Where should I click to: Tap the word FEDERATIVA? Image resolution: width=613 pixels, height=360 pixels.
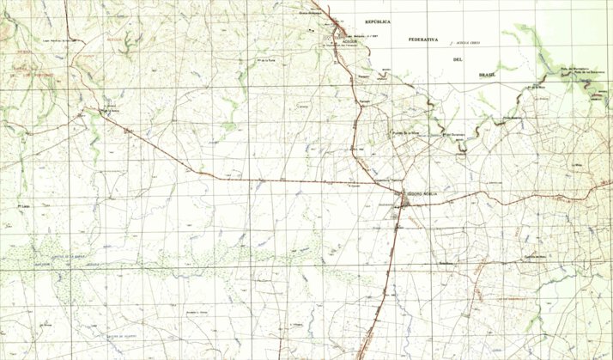point(423,40)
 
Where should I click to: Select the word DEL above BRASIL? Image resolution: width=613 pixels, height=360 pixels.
point(458,58)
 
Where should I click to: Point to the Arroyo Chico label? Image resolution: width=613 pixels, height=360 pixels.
point(468,42)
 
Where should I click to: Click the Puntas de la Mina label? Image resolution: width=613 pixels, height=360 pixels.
point(404,133)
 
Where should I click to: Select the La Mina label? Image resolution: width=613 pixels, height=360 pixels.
point(577,163)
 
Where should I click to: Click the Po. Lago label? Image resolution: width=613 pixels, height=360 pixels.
point(24,206)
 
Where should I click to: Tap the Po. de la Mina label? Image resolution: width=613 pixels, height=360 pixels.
point(537,87)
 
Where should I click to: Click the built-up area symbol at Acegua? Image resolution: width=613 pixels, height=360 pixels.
point(338,33)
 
